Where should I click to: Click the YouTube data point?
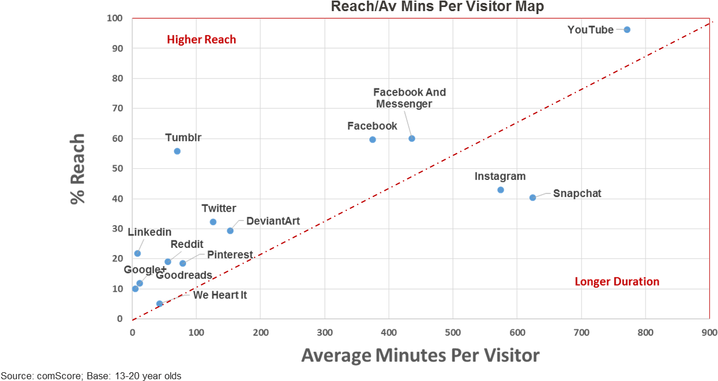[627, 29]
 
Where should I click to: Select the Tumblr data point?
[177, 151]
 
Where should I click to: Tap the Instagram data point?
[500, 190]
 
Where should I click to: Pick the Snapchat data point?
[533, 198]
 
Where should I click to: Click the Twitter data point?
[213, 222]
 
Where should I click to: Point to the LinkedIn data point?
[138, 254]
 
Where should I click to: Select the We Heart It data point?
[159, 304]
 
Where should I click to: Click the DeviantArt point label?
[273, 221]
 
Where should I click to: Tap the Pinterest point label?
[229, 254]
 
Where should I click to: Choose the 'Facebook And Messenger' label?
[409, 98]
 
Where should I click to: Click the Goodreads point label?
[184, 275]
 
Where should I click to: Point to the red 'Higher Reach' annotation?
[201, 40]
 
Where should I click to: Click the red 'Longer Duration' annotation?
[617, 282]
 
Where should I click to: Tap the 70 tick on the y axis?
[119, 108]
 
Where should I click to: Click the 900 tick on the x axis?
[709, 332]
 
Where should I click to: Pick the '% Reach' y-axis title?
[78, 169]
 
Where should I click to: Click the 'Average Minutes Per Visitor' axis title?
[420, 355]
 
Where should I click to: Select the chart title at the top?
[437, 7]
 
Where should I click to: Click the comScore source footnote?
[91, 375]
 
